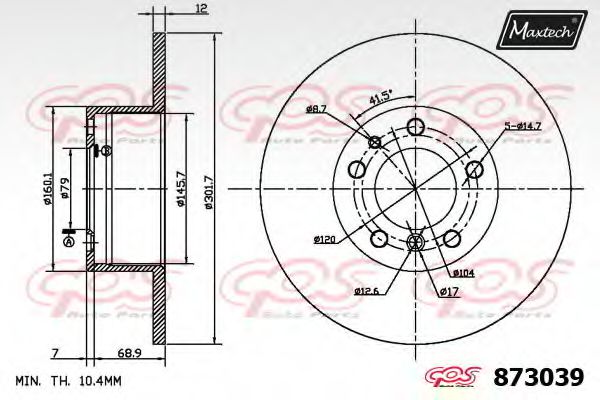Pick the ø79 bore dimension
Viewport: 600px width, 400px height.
pyautogui.click(x=64, y=188)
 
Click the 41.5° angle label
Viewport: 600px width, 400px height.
pyautogui.click(x=380, y=99)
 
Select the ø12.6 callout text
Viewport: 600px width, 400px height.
pyautogui.click(x=366, y=291)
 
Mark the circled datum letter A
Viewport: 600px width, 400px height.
pyautogui.click(x=69, y=242)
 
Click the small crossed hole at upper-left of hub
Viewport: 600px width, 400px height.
pyautogui.click(x=375, y=142)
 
